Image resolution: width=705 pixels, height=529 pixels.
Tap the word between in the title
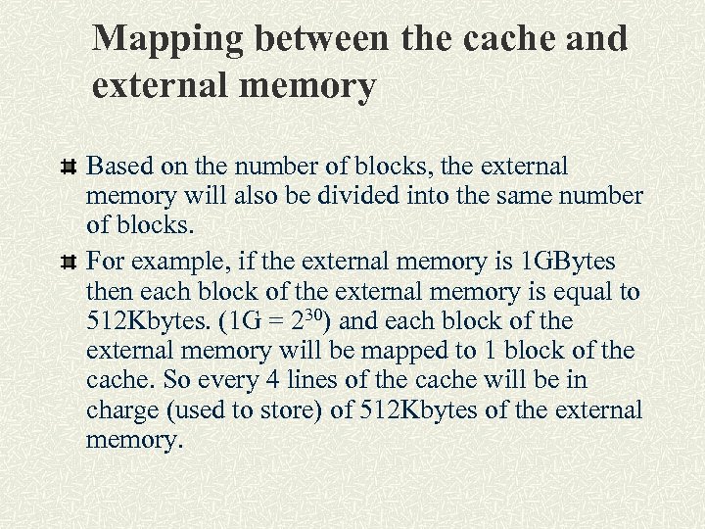[322, 39]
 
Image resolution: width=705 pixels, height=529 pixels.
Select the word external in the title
[157, 86]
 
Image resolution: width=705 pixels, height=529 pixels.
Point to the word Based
[117, 168]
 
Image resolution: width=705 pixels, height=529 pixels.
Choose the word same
[525, 197]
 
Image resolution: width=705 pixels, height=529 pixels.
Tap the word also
[261, 197]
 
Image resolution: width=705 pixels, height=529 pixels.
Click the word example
[170, 263]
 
